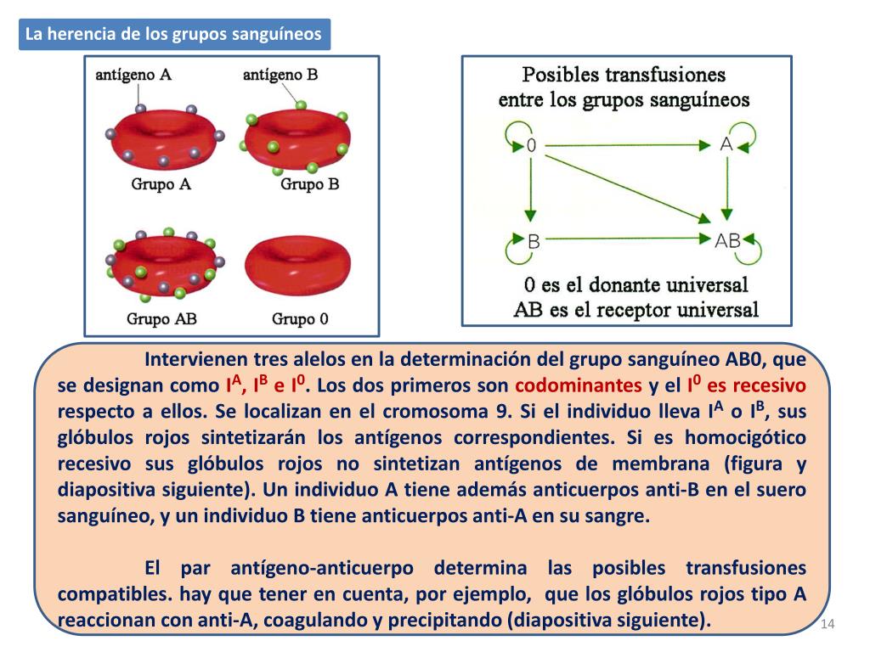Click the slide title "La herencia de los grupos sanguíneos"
pos(174,35)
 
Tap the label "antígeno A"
pos(133,75)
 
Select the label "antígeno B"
pos(280,75)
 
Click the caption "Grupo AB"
pos(161,319)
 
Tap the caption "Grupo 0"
pos(300,319)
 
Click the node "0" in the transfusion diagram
pos(531,145)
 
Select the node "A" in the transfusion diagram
pos(726,144)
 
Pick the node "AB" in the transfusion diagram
pos(728,240)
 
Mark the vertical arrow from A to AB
pos(726,192)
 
